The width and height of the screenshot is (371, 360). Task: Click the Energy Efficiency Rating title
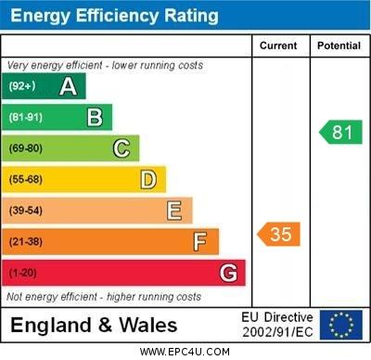point(114,16)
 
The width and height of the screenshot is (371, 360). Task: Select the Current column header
point(278,45)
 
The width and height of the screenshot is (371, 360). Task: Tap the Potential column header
point(339,45)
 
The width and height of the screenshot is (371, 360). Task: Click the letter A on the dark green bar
point(68,87)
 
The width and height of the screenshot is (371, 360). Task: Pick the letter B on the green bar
point(95,118)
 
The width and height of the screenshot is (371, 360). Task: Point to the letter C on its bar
point(122,148)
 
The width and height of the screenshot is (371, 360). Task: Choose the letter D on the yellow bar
point(148,179)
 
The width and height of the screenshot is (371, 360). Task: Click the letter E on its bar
point(174,211)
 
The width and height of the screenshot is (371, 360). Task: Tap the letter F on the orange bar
point(200,242)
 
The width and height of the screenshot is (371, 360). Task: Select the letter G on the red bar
point(228,274)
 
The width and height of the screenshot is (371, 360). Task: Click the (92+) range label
point(22,87)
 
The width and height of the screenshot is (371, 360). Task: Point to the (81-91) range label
point(26,118)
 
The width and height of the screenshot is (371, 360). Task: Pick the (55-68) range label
point(26,180)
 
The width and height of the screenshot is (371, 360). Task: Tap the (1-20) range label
point(23,274)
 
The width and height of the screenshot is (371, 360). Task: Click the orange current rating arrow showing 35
point(279,234)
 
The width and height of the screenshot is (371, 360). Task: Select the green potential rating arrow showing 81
point(340,132)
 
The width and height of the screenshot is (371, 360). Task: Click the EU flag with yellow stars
point(340,325)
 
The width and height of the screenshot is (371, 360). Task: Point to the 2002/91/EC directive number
point(279,332)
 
